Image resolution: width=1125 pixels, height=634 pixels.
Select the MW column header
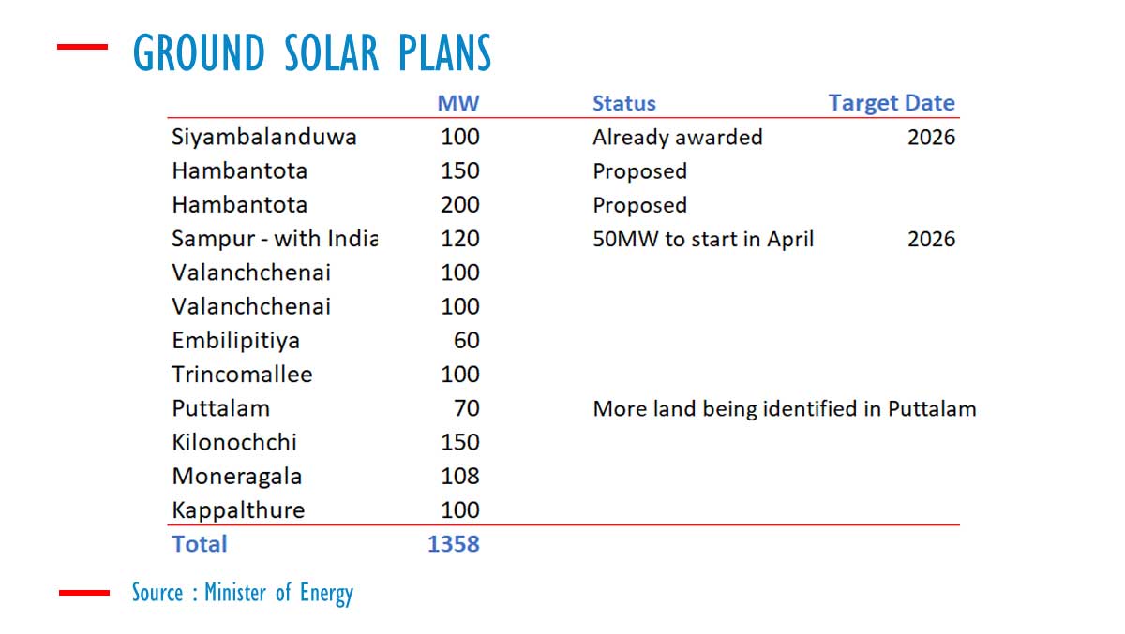point(458,103)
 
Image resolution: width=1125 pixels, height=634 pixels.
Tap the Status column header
point(624,103)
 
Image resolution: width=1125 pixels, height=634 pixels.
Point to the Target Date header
point(892,103)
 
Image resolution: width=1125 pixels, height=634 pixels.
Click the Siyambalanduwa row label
point(263,138)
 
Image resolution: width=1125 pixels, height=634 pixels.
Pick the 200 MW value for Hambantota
point(459,205)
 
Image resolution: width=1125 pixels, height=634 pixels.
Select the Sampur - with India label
point(274,239)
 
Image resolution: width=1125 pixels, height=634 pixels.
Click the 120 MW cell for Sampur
point(459,239)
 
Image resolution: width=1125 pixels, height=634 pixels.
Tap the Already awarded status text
point(677,138)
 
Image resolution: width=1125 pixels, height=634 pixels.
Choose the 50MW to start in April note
point(703,239)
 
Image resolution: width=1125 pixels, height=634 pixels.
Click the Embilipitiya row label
point(235,341)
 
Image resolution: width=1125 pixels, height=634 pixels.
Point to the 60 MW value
point(466,341)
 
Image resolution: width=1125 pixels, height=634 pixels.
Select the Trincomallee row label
point(242,375)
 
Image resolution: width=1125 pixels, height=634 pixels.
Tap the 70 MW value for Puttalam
point(466,408)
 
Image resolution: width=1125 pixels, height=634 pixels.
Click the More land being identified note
point(785,409)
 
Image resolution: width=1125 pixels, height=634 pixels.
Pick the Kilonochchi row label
point(234,442)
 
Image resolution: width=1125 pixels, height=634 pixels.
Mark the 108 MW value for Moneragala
point(459,476)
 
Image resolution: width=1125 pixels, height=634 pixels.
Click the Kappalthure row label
point(238,510)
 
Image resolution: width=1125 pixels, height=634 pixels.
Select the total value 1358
point(453,544)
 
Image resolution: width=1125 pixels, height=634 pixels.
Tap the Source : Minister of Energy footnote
point(243,593)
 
